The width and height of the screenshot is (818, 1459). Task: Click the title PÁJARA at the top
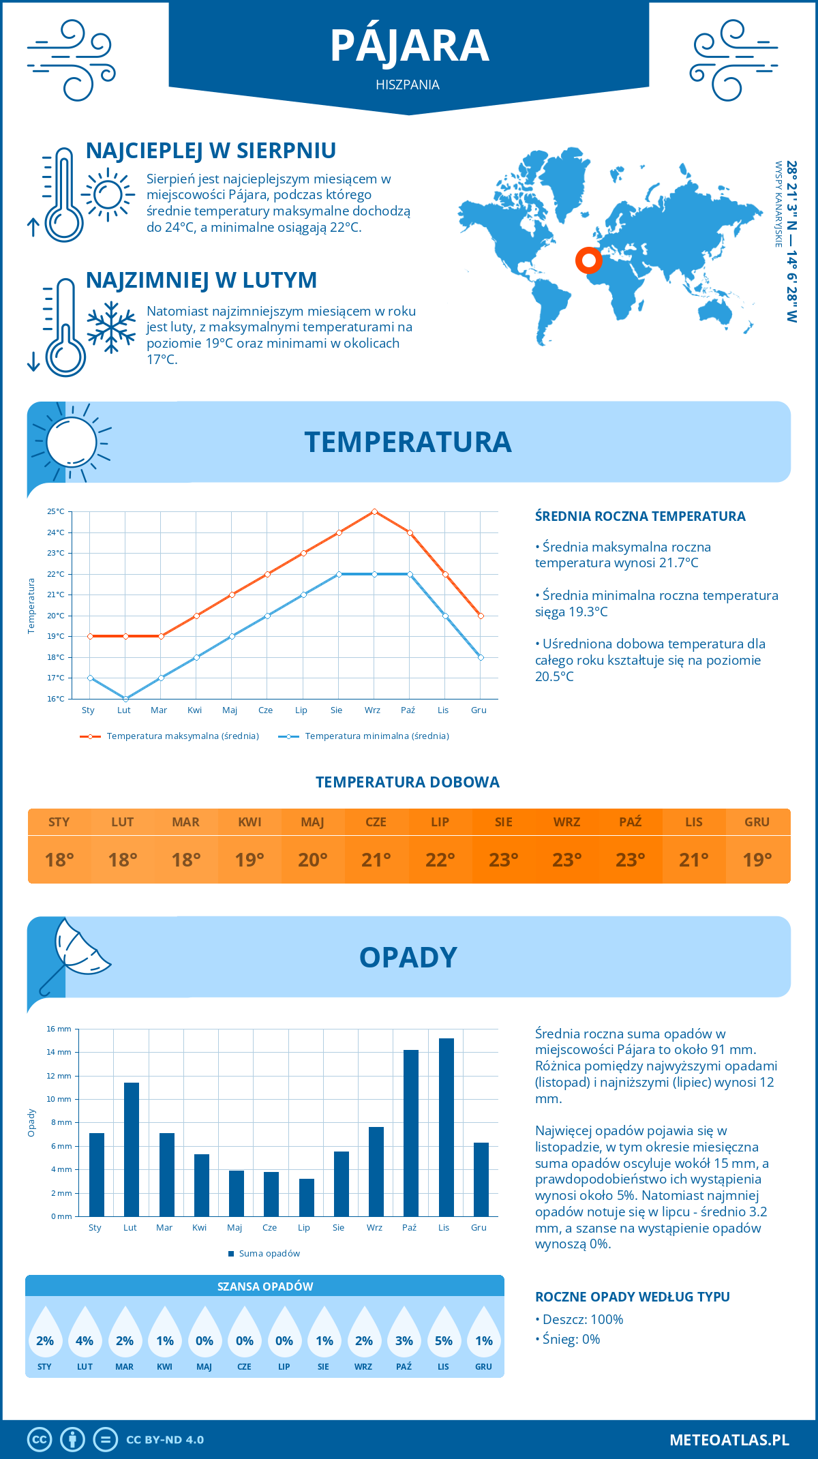(x=409, y=46)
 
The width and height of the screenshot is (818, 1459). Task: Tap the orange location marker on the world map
(x=588, y=260)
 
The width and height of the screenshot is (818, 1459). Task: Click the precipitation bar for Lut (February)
(x=132, y=1149)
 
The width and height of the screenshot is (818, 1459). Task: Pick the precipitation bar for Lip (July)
(x=307, y=1197)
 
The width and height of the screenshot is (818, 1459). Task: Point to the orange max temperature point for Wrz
(x=374, y=511)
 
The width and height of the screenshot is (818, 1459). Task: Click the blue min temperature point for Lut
(x=125, y=699)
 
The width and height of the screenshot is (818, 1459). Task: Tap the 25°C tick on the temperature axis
(x=56, y=511)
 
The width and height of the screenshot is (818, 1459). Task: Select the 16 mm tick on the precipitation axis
(x=59, y=1029)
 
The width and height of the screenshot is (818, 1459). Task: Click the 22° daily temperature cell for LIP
(x=440, y=860)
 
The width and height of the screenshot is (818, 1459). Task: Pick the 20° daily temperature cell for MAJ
(x=313, y=860)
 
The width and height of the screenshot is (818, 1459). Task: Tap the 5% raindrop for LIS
(x=444, y=1334)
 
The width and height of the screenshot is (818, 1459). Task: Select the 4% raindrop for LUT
(x=85, y=1334)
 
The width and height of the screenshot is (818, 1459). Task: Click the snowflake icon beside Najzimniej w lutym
(x=111, y=327)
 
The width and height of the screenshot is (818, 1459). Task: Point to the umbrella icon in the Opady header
(x=75, y=952)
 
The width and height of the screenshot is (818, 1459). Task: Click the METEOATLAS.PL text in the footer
(x=729, y=1440)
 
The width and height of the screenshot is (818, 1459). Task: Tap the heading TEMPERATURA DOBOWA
(x=408, y=782)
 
